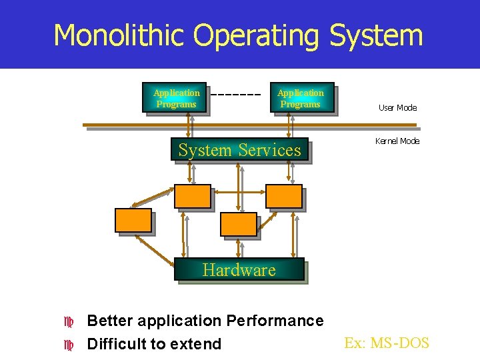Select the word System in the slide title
[x=375, y=35]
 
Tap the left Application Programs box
[x=176, y=98]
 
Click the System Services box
[x=239, y=150]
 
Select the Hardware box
[x=239, y=269]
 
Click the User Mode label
[x=397, y=108]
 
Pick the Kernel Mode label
[x=397, y=141]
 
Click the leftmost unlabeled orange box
[x=133, y=220]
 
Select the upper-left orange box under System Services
[x=192, y=196]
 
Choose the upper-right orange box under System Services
[x=283, y=196]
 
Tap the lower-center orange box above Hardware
[x=238, y=224]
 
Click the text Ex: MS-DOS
[x=387, y=343]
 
